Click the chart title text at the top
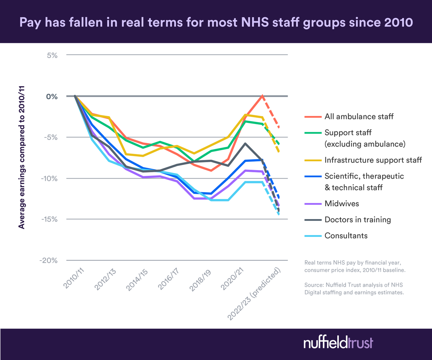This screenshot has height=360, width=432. pyautogui.click(x=216, y=22)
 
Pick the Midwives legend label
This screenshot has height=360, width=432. pyautogui.click(x=341, y=204)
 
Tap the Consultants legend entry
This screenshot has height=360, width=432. pyautogui.click(x=346, y=236)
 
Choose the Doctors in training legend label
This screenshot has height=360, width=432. pyautogui.click(x=357, y=219)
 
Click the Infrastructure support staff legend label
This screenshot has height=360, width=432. pyautogui.click(x=373, y=160)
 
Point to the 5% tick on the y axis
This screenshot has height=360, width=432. pyautogui.click(x=51, y=55)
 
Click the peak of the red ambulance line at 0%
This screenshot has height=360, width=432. pyautogui.click(x=262, y=95)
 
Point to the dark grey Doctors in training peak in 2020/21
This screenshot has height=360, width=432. pyautogui.click(x=245, y=143)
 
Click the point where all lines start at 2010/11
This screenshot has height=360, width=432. pyautogui.click(x=75, y=96)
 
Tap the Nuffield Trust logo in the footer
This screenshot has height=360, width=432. pyautogui.click(x=338, y=342)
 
